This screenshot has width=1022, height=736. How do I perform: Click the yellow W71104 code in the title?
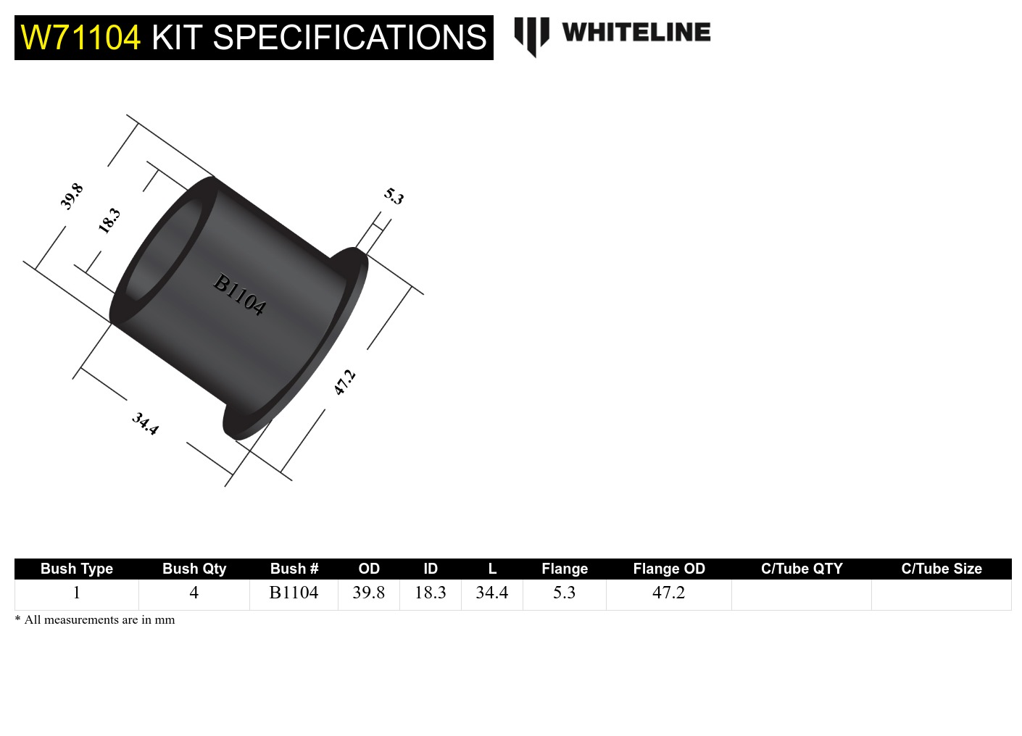pyautogui.click(x=80, y=38)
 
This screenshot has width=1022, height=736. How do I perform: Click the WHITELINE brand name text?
pyautogui.click(x=636, y=33)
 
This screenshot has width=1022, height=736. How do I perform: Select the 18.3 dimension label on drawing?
pyautogui.click(x=109, y=220)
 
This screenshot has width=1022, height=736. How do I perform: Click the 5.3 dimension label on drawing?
pyautogui.click(x=394, y=196)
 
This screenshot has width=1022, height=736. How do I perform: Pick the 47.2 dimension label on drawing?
pyautogui.click(x=344, y=382)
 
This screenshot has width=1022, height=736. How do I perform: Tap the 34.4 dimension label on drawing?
pyautogui.click(x=145, y=423)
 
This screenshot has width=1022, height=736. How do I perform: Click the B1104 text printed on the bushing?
pyautogui.click(x=239, y=295)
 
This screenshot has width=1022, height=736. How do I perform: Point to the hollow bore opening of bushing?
pyautogui.click(x=163, y=250)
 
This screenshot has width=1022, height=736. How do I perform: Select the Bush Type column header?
pyautogui.click(x=77, y=569)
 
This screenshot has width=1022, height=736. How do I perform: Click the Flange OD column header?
pyautogui.click(x=668, y=569)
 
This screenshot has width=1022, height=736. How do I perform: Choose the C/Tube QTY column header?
pyautogui.click(x=801, y=569)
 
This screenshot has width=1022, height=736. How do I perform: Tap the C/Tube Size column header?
pyautogui.click(x=941, y=569)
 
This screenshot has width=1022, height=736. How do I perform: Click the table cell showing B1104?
pyautogui.click(x=294, y=593)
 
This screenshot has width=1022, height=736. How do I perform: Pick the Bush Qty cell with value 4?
pyautogui.click(x=194, y=593)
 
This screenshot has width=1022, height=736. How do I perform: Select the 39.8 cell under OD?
pyautogui.click(x=368, y=593)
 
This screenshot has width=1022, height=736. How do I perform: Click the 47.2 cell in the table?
pyautogui.click(x=668, y=593)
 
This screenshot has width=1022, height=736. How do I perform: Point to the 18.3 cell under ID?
pyautogui.click(x=430, y=593)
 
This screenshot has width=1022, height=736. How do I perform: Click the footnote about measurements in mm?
pyautogui.click(x=95, y=620)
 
